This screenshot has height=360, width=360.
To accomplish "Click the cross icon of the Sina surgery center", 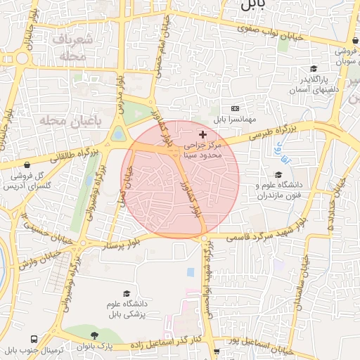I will (203, 134).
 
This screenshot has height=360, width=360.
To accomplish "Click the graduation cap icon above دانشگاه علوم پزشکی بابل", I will (127, 294).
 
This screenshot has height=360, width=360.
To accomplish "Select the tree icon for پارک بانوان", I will (95, 336).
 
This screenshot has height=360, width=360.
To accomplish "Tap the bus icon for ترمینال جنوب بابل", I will (27, 337).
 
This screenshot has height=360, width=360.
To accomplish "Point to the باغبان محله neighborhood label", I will (63, 122).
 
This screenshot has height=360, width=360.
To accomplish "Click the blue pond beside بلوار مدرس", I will (118, 133).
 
